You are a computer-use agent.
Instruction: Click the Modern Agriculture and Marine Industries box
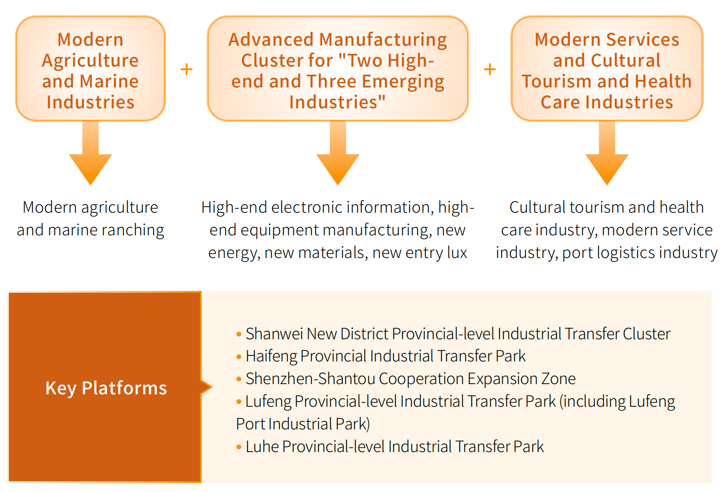90,68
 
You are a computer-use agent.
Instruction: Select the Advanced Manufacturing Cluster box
338,68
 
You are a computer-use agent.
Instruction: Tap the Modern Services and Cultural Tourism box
607,68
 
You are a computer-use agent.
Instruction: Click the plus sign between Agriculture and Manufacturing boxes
186,69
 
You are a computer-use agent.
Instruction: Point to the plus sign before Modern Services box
490,69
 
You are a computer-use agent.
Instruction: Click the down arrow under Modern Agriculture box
90,153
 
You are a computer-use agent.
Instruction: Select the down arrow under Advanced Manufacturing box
338,153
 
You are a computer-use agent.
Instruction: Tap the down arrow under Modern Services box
607,153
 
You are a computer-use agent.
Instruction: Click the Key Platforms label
106,388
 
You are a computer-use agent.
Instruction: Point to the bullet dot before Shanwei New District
239,334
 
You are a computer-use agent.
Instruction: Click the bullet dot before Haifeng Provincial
239,357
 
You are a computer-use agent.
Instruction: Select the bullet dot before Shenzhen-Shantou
239,379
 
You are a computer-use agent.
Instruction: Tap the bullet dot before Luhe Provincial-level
239,447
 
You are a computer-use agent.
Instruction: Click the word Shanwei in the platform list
274,333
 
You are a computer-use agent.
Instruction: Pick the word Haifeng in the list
271,357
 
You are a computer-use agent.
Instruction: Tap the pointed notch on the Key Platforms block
211,387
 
